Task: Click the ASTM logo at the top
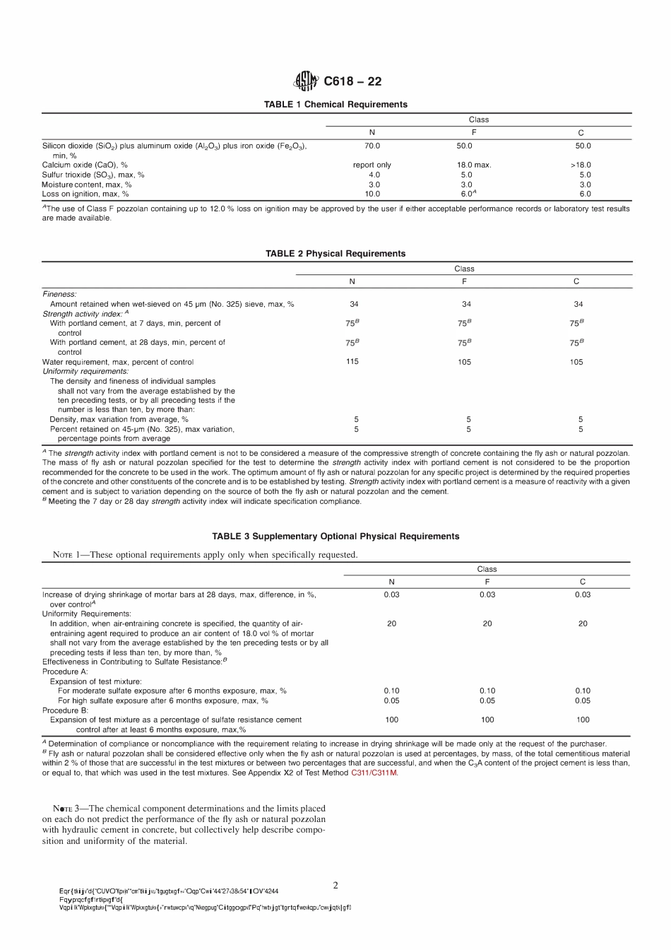coord(306,81)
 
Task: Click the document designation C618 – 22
coord(352,81)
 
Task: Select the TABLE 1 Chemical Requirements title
coord(335,105)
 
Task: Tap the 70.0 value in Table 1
coord(372,146)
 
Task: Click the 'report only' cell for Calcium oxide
coord(372,165)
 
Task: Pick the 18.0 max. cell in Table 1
coord(473,165)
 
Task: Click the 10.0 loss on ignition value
coord(372,194)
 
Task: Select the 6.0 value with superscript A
coord(468,194)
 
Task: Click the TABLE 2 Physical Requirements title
coord(335,254)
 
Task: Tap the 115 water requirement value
coord(352,362)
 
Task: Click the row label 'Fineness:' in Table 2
coord(59,294)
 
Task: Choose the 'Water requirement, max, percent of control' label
coord(118,362)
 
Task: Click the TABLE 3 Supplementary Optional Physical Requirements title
coord(335,536)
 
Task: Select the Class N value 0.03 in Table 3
coord(391,594)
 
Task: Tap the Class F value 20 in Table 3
coord(487,623)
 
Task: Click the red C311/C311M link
coord(374,773)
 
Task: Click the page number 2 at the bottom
coord(335,885)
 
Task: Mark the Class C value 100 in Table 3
coord(583,720)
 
